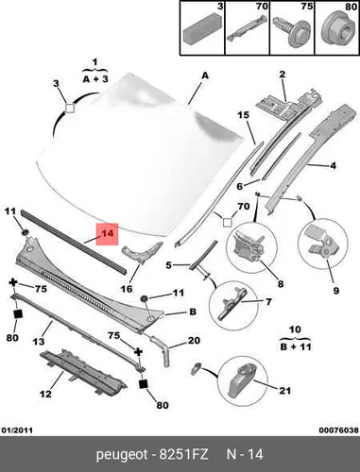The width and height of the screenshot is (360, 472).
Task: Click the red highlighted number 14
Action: point(107,234)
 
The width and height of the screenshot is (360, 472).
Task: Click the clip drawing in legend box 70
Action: point(247,27)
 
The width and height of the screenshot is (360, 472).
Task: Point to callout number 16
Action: point(127,289)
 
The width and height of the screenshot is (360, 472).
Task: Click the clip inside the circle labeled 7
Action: point(233,305)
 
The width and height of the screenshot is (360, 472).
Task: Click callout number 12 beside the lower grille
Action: point(45,394)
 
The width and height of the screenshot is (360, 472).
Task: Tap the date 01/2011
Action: point(17,430)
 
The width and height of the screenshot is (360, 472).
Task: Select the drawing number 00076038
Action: point(338,430)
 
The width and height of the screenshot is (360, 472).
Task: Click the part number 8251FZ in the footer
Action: point(184,455)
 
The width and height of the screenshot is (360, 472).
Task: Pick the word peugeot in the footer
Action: point(122,455)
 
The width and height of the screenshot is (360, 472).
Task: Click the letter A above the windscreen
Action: point(205,76)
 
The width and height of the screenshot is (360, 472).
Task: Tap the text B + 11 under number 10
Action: point(296,346)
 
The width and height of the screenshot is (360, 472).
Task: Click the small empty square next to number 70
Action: point(227,223)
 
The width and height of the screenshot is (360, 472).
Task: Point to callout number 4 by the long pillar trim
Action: point(334,165)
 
